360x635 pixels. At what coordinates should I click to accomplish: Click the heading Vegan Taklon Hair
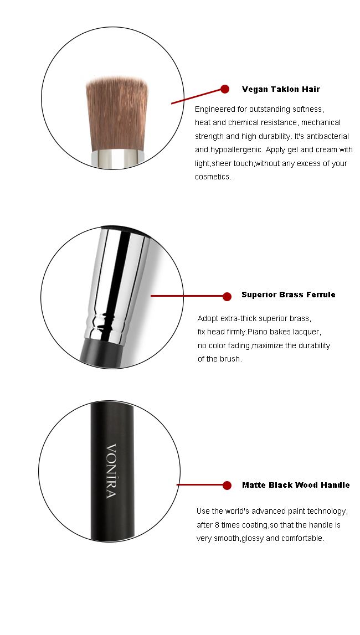[x=281, y=89]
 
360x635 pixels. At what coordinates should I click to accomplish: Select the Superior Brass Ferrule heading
[x=289, y=295]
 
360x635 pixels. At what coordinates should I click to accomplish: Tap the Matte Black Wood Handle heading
[x=296, y=485]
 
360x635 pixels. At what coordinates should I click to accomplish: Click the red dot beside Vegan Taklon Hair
[x=225, y=89]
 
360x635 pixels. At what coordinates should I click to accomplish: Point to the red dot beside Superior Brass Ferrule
[x=227, y=296]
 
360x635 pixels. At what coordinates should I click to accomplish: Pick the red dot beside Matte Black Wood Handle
[x=227, y=485]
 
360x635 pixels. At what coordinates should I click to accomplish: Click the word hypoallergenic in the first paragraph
[x=236, y=150]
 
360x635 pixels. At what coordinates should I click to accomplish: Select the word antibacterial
[x=327, y=136]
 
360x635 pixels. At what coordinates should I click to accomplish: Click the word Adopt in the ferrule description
[x=208, y=318]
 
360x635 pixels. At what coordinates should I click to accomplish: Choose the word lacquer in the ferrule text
[x=306, y=332]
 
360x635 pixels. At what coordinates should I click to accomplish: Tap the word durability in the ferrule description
[x=313, y=345]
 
